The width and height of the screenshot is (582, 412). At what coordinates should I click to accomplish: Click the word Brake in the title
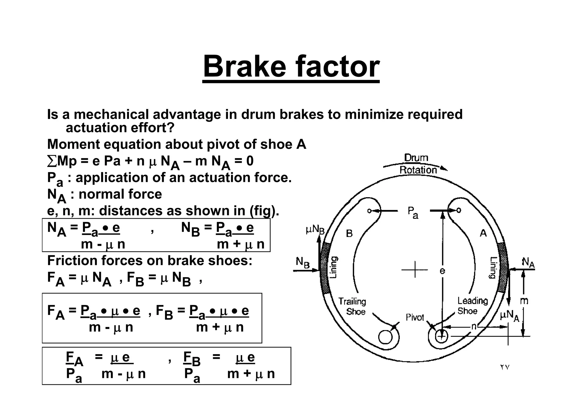(244, 67)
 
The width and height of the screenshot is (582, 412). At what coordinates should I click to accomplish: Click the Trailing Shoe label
(352, 306)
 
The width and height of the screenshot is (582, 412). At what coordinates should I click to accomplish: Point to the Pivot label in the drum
(415, 317)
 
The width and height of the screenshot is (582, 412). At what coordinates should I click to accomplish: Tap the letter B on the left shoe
(349, 234)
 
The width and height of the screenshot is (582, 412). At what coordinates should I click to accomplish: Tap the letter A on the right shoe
(483, 233)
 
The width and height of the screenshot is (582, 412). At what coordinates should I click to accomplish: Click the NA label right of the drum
(528, 262)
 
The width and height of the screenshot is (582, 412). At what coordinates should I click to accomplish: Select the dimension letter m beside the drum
(524, 301)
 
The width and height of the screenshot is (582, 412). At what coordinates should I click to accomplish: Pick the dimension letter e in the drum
(442, 271)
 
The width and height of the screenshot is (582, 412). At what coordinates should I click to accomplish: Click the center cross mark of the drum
(415, 269)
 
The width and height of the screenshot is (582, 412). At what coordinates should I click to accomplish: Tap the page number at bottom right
(505, 367)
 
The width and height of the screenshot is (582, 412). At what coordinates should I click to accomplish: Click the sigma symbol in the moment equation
(52, 161)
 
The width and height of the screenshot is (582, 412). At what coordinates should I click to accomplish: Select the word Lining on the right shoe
(494, 267)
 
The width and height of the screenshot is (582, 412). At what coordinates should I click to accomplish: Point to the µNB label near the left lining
(315, 230)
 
